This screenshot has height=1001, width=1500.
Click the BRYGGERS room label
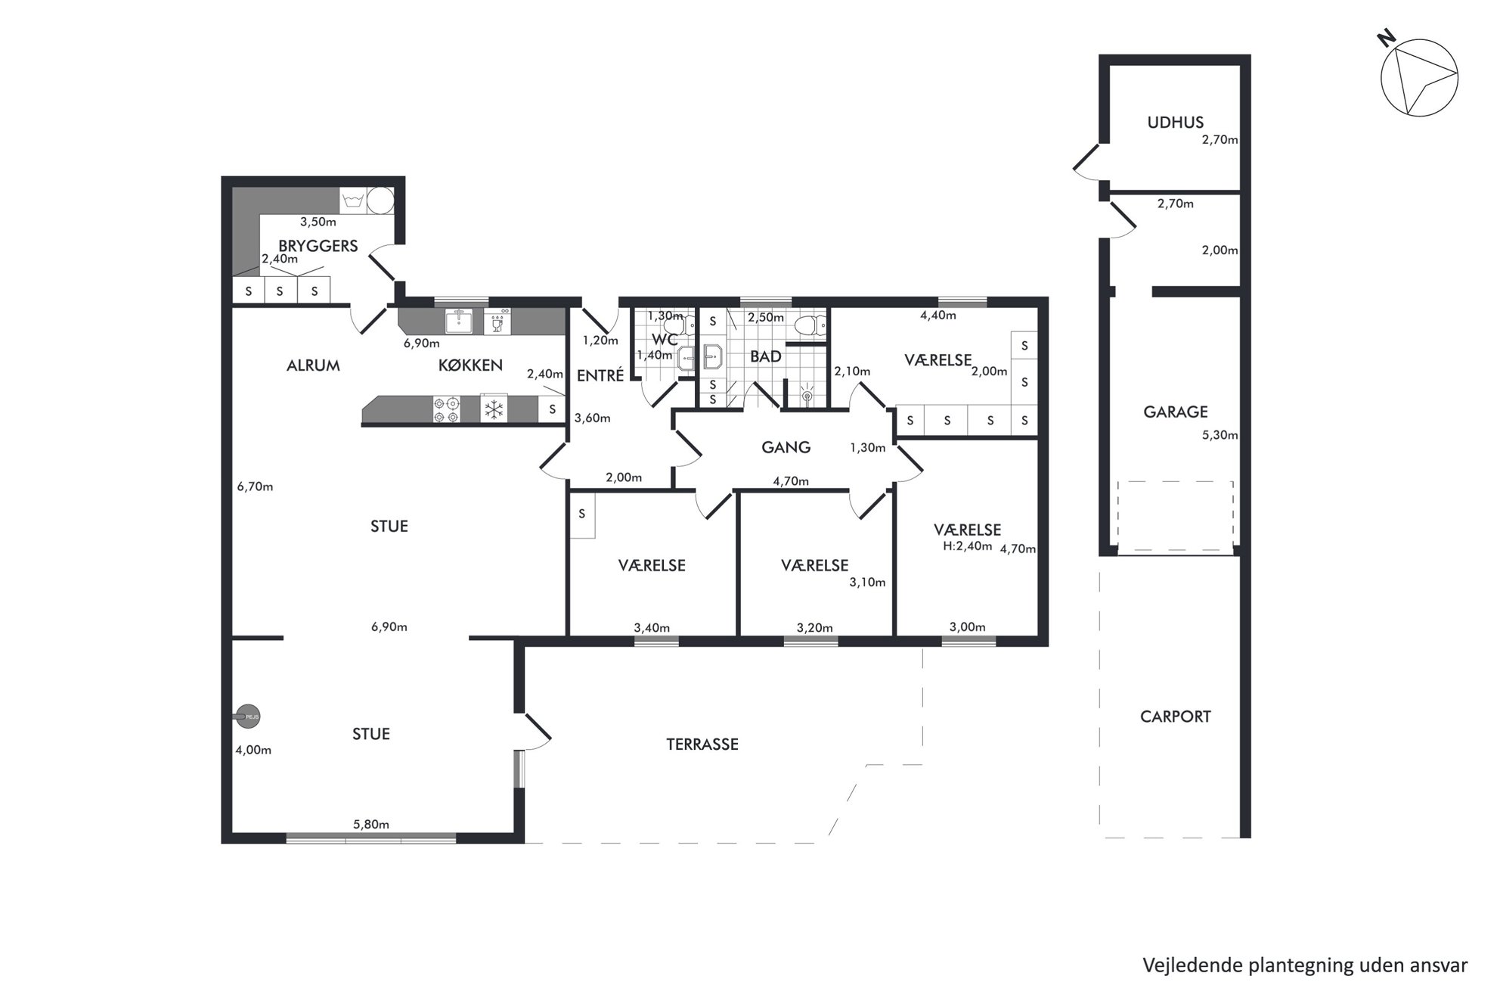tap(318, 246)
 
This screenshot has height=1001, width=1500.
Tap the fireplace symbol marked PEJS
tap(247, 716)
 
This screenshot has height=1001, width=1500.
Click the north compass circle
tap(1419, 78)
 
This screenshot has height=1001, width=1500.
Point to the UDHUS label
tap(1175, 122)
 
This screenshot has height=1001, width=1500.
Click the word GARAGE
tap(1175, 412)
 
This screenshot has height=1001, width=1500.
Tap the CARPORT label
tap(1175, 717)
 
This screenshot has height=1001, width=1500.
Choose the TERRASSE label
tap(702, 745)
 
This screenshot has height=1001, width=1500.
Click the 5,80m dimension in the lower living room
tap(370, 825)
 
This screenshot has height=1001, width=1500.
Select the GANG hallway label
tap(786, 447)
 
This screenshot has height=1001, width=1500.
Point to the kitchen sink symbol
tap(458, 322)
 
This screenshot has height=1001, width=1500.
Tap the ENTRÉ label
tap(600, 375)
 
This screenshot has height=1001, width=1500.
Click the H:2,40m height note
tap(967, 546)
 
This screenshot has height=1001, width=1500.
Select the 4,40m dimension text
tap(938, 316)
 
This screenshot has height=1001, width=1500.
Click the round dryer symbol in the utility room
tap(380, 201)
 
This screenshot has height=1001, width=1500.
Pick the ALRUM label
tap(313, 365)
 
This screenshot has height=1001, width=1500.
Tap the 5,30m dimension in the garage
tap(1220, 435)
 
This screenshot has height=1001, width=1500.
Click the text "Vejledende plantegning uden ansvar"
tap(1305, 965)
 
